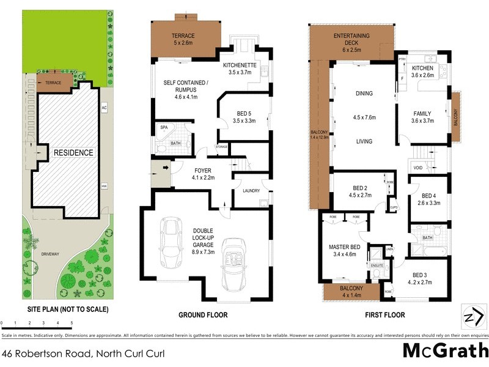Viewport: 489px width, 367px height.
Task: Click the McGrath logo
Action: coord(445,351)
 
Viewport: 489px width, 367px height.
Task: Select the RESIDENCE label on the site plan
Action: coord(73,153)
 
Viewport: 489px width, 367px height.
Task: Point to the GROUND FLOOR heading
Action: coord(203,315)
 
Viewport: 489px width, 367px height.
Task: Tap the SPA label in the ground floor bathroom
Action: coord(164,127)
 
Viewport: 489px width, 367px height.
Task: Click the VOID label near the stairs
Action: coord(418,167)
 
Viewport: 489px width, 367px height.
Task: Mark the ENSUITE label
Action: coord(377,265)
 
